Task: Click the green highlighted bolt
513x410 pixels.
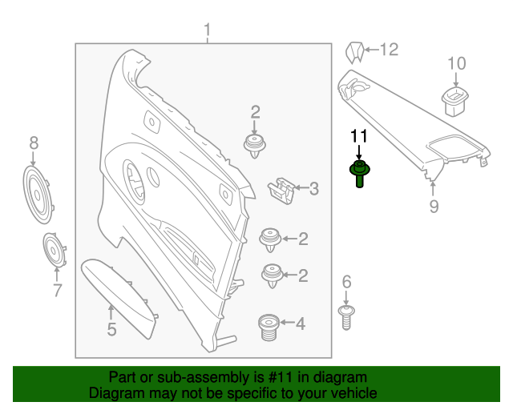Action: (358, 171)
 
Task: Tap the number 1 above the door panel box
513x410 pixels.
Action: (207, 31)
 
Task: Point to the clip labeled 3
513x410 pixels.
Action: (277, 190)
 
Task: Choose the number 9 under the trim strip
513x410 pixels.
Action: (434, 207)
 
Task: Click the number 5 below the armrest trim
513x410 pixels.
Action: (111, 328)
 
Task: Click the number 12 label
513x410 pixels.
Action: (388, 50)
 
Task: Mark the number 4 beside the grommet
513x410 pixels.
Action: (301, 324)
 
